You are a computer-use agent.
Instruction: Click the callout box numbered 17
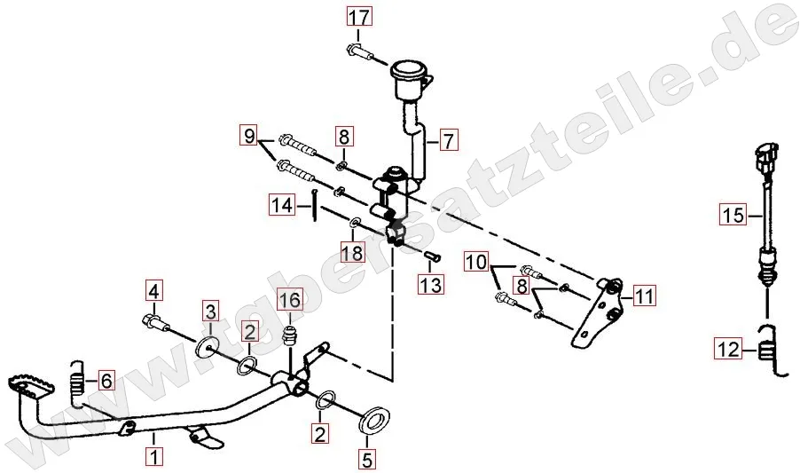[x=359, y=17]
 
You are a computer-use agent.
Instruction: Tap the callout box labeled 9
[x=249, y=136]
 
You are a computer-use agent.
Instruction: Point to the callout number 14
[x=282, y=205]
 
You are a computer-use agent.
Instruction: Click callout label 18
[x=353, y=253]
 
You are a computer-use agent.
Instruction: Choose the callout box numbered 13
[x=431, y=284]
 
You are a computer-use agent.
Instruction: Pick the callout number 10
[x=476, y=263]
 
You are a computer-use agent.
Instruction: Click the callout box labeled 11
[x=644, y=295]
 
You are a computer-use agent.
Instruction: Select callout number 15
[x=733, y=215]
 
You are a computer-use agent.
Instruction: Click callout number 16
[x=290, y=300]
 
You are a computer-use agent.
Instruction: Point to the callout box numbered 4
[x=153, y=292]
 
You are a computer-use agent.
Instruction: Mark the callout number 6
[x=106, y=380]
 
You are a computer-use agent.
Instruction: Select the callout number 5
[x=367, y=460]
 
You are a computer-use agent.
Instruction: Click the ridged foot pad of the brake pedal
[x=31, y=383]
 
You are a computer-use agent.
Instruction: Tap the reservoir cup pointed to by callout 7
[x=409, y=80]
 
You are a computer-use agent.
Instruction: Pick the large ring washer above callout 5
[x=375, y=419]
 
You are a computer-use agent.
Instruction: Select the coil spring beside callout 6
[x=76, y=384]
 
